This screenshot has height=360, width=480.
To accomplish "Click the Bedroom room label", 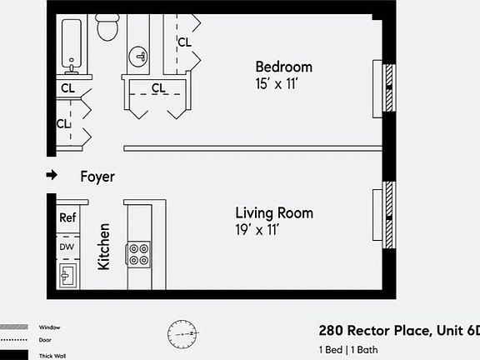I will (x=283, y=67).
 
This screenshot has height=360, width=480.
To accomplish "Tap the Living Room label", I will (x=274, y=213).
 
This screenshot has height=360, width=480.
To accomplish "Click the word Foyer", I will (x=97, y=177).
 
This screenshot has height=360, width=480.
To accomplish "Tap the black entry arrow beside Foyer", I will (x=52, y=176).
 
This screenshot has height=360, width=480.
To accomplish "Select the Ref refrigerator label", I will (x=67, y=217).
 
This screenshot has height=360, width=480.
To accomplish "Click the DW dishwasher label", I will (x=67, y=247).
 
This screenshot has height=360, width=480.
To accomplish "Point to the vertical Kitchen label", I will (x=105, y=246).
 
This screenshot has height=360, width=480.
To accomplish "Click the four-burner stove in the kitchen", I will (x=138, y=253).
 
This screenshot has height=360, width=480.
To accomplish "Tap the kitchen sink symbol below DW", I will (x=67, y=272).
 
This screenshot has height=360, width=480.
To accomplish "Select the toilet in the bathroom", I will (x=107, y=28).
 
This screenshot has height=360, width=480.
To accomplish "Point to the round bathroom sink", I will (x=138, y=57).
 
